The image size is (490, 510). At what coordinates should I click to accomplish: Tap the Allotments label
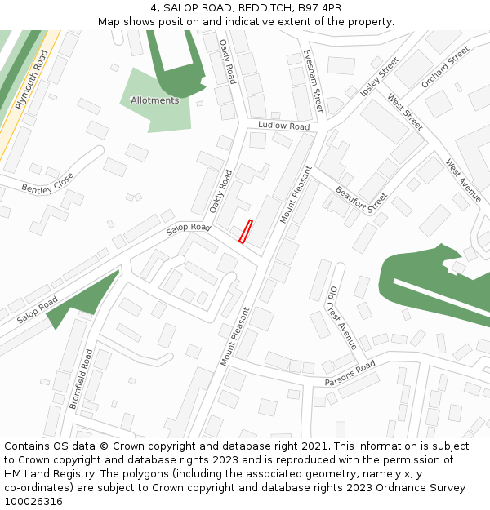(154, 100)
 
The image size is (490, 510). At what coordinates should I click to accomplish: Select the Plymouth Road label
(32, 80)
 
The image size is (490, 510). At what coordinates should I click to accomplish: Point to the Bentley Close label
(47, 184)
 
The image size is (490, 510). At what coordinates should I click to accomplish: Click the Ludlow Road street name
(283, 126)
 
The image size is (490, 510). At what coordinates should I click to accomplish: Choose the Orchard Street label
(446, 67)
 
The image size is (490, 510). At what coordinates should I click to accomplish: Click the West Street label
(405, 113)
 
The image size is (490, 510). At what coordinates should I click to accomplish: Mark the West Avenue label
(463, 180)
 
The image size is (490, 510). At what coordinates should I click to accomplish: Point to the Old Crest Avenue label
(342, 317)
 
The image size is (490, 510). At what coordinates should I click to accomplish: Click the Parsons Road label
(350, 372)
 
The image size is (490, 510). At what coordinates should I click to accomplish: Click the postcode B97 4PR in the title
(319, 8)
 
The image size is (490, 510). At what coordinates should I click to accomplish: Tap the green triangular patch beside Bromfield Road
(82, 299)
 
